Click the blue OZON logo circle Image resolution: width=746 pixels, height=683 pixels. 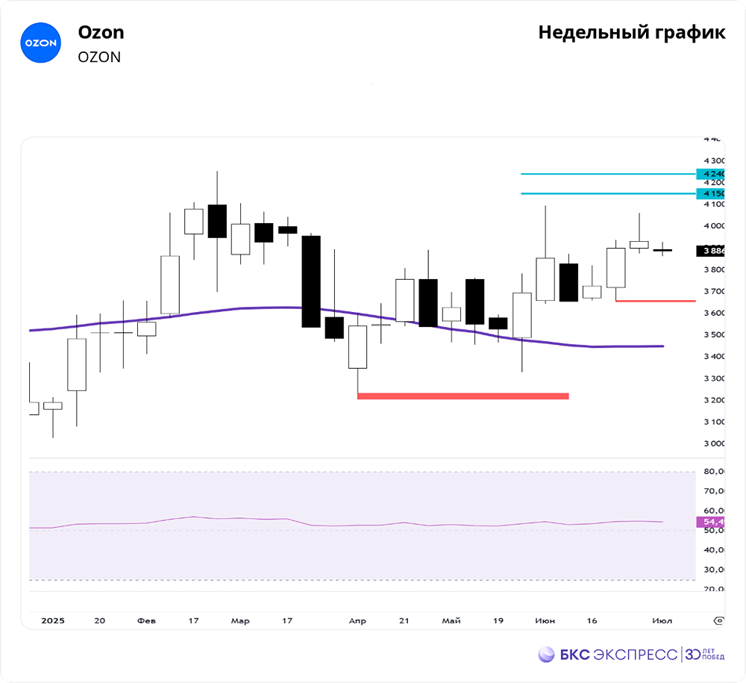point(40,43)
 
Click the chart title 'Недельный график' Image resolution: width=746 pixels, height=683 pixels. point(631,33)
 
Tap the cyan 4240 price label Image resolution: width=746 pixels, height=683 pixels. point(709,174)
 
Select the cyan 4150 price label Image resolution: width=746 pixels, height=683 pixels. point(709,194)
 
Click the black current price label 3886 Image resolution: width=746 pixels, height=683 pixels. point(711,251)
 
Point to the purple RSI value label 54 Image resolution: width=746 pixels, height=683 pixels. point(709,522)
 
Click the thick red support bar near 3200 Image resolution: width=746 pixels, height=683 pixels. point(463,396)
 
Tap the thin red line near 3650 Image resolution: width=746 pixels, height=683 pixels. point(655,301)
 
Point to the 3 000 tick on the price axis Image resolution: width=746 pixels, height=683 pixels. point(714,443)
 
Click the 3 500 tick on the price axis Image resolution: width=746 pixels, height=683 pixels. point(714,334)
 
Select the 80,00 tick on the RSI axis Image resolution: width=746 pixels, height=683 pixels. point(714,471)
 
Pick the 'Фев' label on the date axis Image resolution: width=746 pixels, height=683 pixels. point(147,620)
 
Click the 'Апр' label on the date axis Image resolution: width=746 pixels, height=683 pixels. point(357,620)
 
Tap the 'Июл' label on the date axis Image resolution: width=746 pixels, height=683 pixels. point(662,620)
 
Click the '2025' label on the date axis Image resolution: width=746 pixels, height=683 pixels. point(53,620)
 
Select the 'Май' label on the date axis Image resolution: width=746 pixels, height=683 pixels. point(451,620)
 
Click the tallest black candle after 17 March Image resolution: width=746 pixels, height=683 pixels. point(311,281)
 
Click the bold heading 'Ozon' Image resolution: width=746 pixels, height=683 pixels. point(101,33)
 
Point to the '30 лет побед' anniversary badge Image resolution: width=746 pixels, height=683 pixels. point(704,655)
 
